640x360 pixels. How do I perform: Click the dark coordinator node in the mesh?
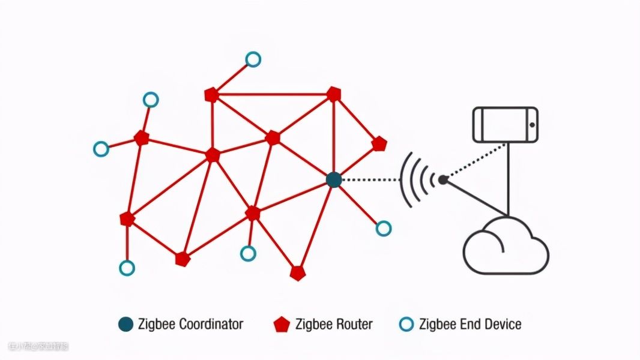[334, 179]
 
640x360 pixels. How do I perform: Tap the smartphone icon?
[505, 125]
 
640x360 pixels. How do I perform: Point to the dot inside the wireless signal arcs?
[442, 179]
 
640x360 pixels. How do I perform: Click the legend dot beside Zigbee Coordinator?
[126, 325]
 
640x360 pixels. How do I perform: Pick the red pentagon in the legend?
[282, 325]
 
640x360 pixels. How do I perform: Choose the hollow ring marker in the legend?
[406, 325]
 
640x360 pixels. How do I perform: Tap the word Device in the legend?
[500, 325]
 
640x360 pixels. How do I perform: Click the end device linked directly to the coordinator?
[384, 228]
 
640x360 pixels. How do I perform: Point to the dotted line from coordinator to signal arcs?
[367, 179]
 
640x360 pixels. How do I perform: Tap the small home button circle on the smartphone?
[531, 125]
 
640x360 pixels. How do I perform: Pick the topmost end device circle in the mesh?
[253, 59]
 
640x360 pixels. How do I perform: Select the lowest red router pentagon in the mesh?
[298, 273]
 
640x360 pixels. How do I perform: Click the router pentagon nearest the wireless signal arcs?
[379, 144]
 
